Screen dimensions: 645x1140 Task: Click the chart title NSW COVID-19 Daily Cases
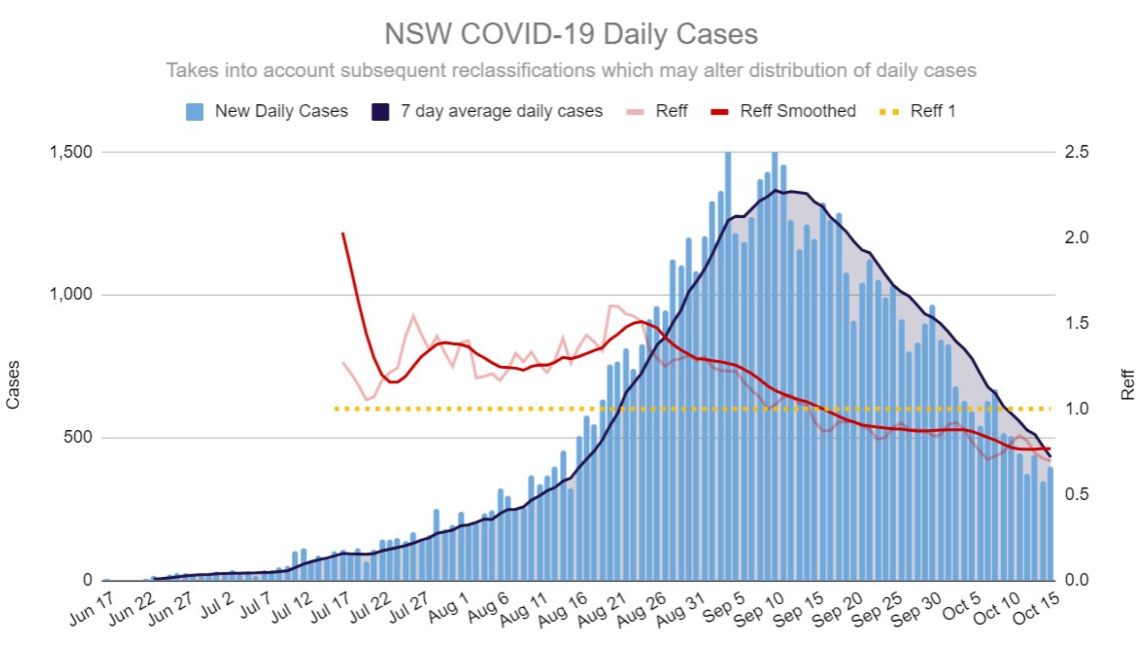pos(570,34)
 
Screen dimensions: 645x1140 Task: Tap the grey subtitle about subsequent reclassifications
pos(570,71)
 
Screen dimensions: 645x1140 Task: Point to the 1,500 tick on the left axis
pos(70,152)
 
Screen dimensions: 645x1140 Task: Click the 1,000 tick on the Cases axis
pos(70,295)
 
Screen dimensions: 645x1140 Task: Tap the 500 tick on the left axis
pos(77,437)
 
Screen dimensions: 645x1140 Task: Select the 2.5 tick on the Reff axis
pos(1076,152)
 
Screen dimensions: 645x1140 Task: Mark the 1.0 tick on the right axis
pos(1076,408)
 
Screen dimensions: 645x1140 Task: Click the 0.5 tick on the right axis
pos(1076,494)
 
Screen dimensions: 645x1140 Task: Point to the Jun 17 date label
pos(92,609)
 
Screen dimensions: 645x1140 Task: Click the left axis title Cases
pos(13,384)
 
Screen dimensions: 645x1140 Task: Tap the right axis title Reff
pos(1127,384)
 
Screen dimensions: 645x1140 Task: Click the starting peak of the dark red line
pos(343,233)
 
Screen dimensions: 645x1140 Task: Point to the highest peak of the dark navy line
pos(776,190)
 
